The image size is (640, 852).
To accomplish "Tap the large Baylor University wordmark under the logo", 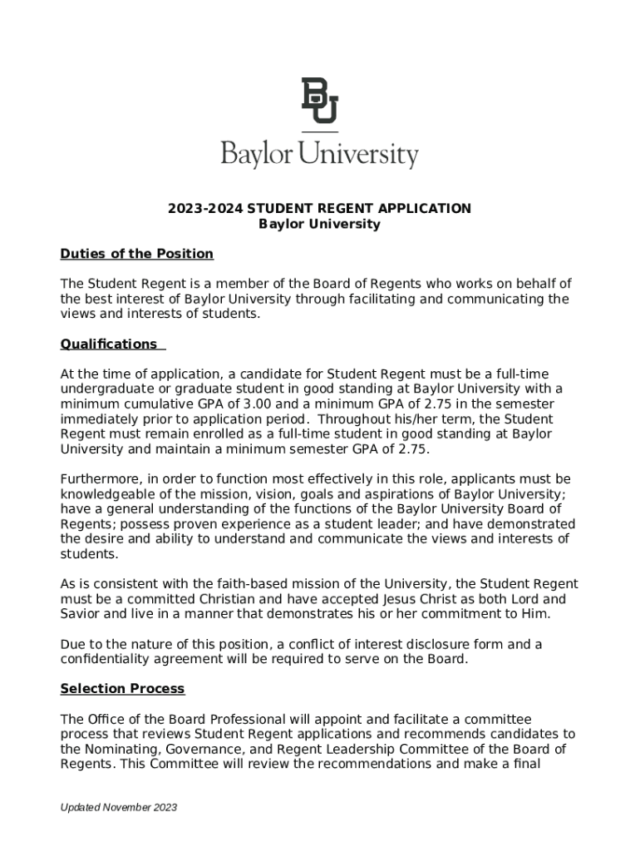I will click(320, 155).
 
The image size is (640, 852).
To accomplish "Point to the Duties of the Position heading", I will click(137, 254).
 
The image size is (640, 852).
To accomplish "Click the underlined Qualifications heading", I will click(109, 344).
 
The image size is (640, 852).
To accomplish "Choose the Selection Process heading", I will click(122, 689).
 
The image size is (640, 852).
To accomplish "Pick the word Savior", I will click(81, 614).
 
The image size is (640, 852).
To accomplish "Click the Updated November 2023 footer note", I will click(118, 808).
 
